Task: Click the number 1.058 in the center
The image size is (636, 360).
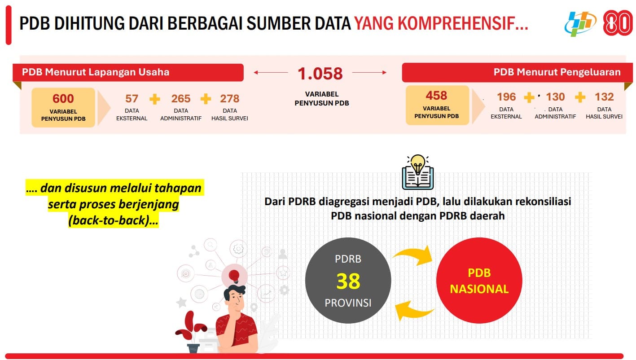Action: tap(320, 74)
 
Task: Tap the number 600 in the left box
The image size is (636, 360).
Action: tap(63, 98)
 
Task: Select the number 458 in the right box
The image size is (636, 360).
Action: tap(436, 96)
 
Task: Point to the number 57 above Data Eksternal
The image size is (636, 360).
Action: tap(132, 98)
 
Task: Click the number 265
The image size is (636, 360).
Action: tap(180, 98)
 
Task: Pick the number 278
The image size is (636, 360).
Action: tap(230, 98)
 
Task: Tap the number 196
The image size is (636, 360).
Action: tap(506, 97)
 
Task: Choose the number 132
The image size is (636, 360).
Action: tap(604, 97)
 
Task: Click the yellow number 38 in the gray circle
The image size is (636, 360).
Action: tap(348, 281)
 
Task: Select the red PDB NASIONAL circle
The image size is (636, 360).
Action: tap(479, 281)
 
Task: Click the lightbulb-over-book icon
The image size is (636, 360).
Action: tap(418, 172)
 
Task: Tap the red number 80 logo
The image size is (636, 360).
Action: tap(618, 23)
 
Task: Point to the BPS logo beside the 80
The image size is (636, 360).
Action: tap(580, 23)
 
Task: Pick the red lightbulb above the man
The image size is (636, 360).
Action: tap(234, 276)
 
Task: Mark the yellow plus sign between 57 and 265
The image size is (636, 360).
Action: tap(155, 99)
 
